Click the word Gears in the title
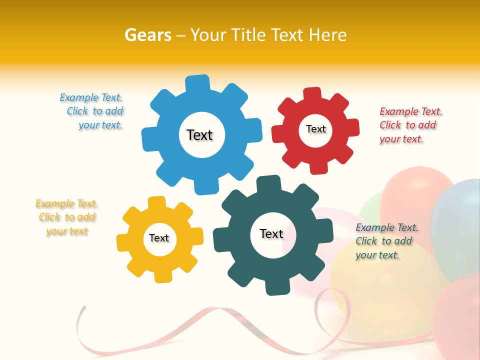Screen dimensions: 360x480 148,35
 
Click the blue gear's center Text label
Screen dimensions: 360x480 199,135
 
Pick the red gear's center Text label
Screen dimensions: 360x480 315,129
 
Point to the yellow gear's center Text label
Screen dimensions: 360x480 159,238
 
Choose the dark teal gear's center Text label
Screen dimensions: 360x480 271,233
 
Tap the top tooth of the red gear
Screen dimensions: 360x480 312,93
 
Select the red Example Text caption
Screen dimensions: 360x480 410,125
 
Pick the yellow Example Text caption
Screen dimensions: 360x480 66,217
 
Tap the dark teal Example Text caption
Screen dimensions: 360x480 386,241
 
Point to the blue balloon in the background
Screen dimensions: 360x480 457,225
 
